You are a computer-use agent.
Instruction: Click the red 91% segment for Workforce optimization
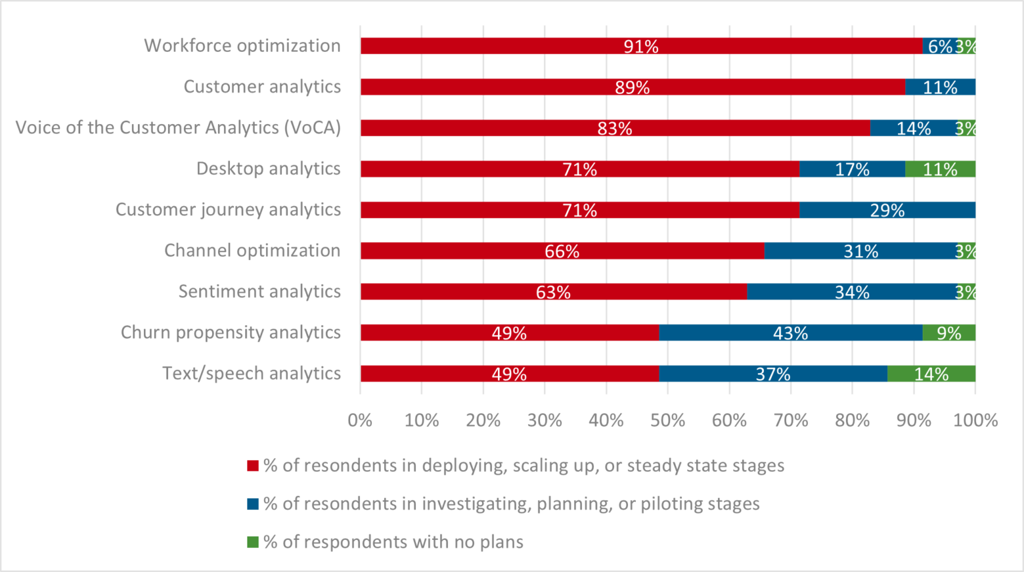(641, 46)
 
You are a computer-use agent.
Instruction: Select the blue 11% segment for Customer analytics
(940, 87)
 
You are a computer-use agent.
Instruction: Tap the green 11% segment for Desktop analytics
(940, 169)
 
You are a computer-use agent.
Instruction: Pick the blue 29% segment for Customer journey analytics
(887, 211)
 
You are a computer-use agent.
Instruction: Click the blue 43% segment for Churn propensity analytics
(790, 333)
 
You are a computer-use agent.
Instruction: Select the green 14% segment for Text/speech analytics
(931, 374)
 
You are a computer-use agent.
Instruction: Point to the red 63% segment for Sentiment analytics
(553, 292)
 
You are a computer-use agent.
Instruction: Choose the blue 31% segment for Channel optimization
(860, 251)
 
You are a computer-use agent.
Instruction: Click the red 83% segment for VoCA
(614, 128)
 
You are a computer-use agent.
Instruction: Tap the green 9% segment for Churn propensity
(949, 333)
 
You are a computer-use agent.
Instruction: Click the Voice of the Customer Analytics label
(178, 127)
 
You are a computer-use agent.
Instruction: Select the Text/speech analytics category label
(251, 373)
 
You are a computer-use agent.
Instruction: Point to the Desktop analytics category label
(268, 169)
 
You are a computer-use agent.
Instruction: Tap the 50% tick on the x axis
(667, 421)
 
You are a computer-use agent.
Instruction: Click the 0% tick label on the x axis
(360, 421)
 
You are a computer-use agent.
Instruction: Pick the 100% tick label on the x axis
(975, 421)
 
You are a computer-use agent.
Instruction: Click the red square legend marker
(253, 466)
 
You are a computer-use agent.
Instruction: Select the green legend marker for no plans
(253, 542)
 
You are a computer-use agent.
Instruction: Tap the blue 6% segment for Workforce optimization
(939, 46)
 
